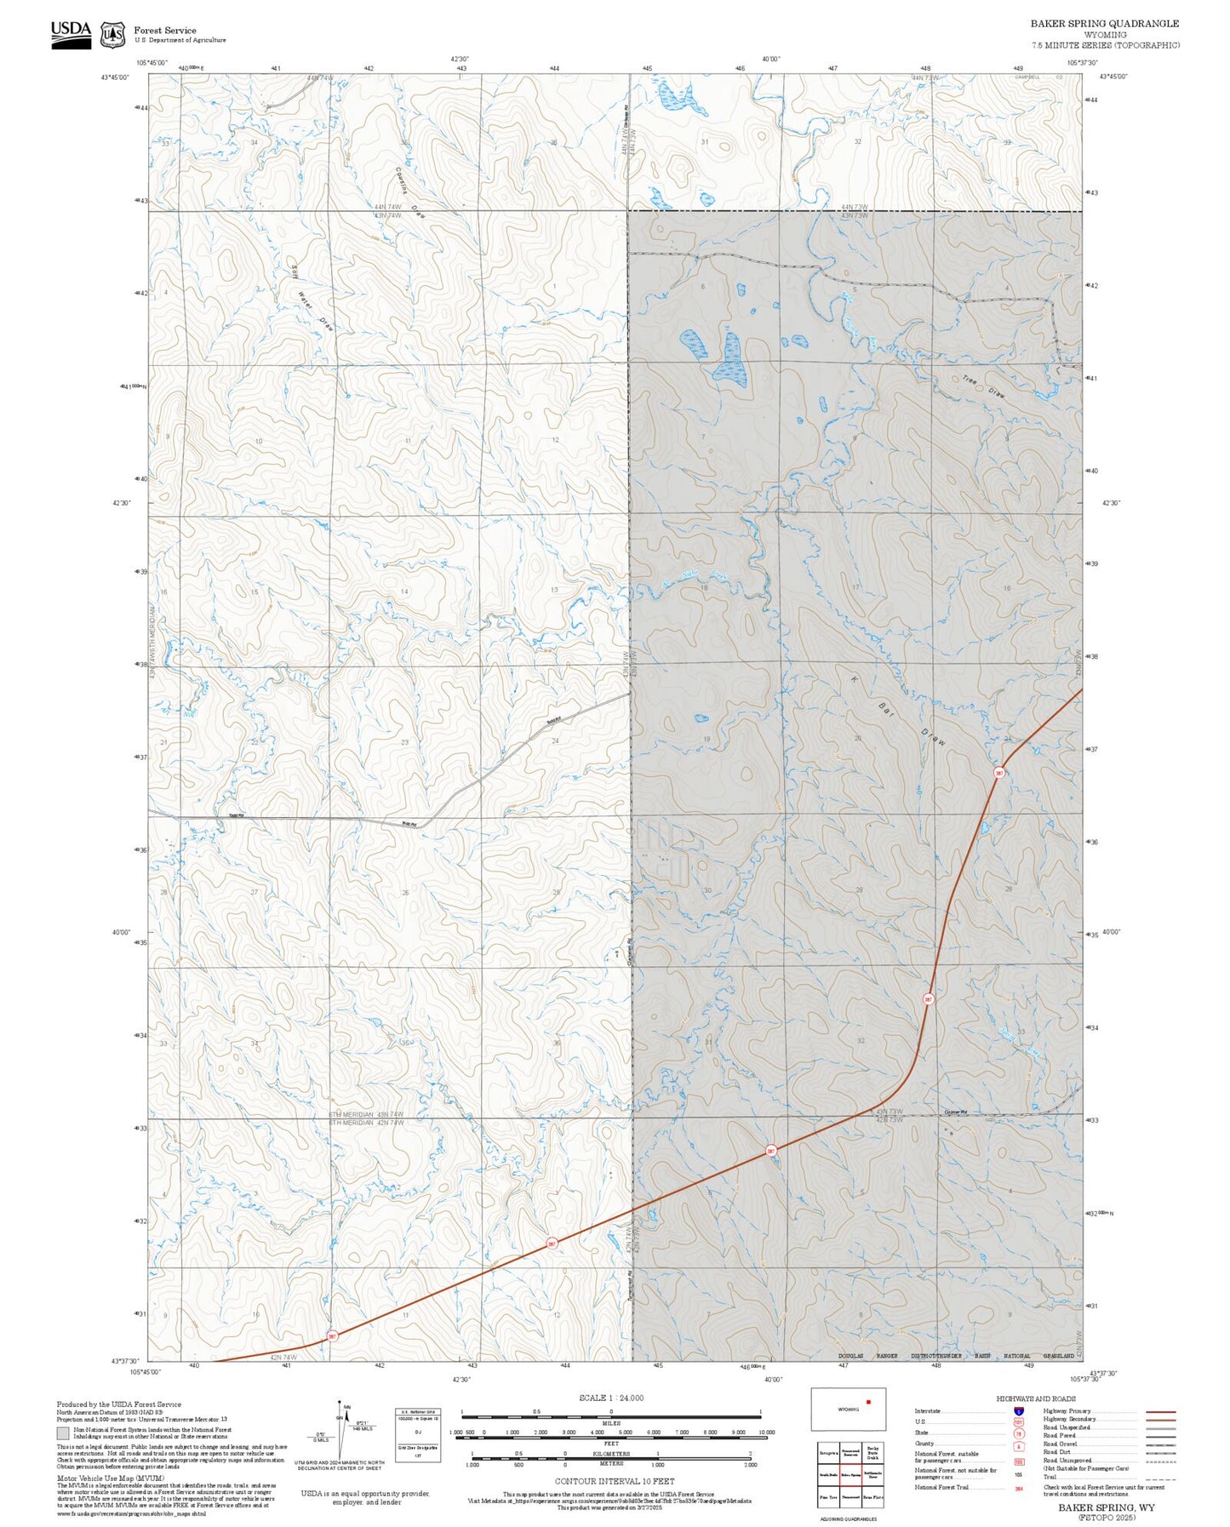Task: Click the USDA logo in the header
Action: pos(71,34)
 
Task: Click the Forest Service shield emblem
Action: pos(112,35)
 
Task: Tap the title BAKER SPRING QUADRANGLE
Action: pos(1104,24)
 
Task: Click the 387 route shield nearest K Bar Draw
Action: pos(999,773)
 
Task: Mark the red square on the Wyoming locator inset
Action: pos(868,1401)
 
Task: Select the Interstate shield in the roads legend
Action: pos(1019,1411)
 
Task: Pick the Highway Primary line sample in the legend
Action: pos(1160,1411)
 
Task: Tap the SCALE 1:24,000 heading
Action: pos(611,1398)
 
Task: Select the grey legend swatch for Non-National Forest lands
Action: pos(63,1433)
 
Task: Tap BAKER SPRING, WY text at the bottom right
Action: pos(1106,1507)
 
